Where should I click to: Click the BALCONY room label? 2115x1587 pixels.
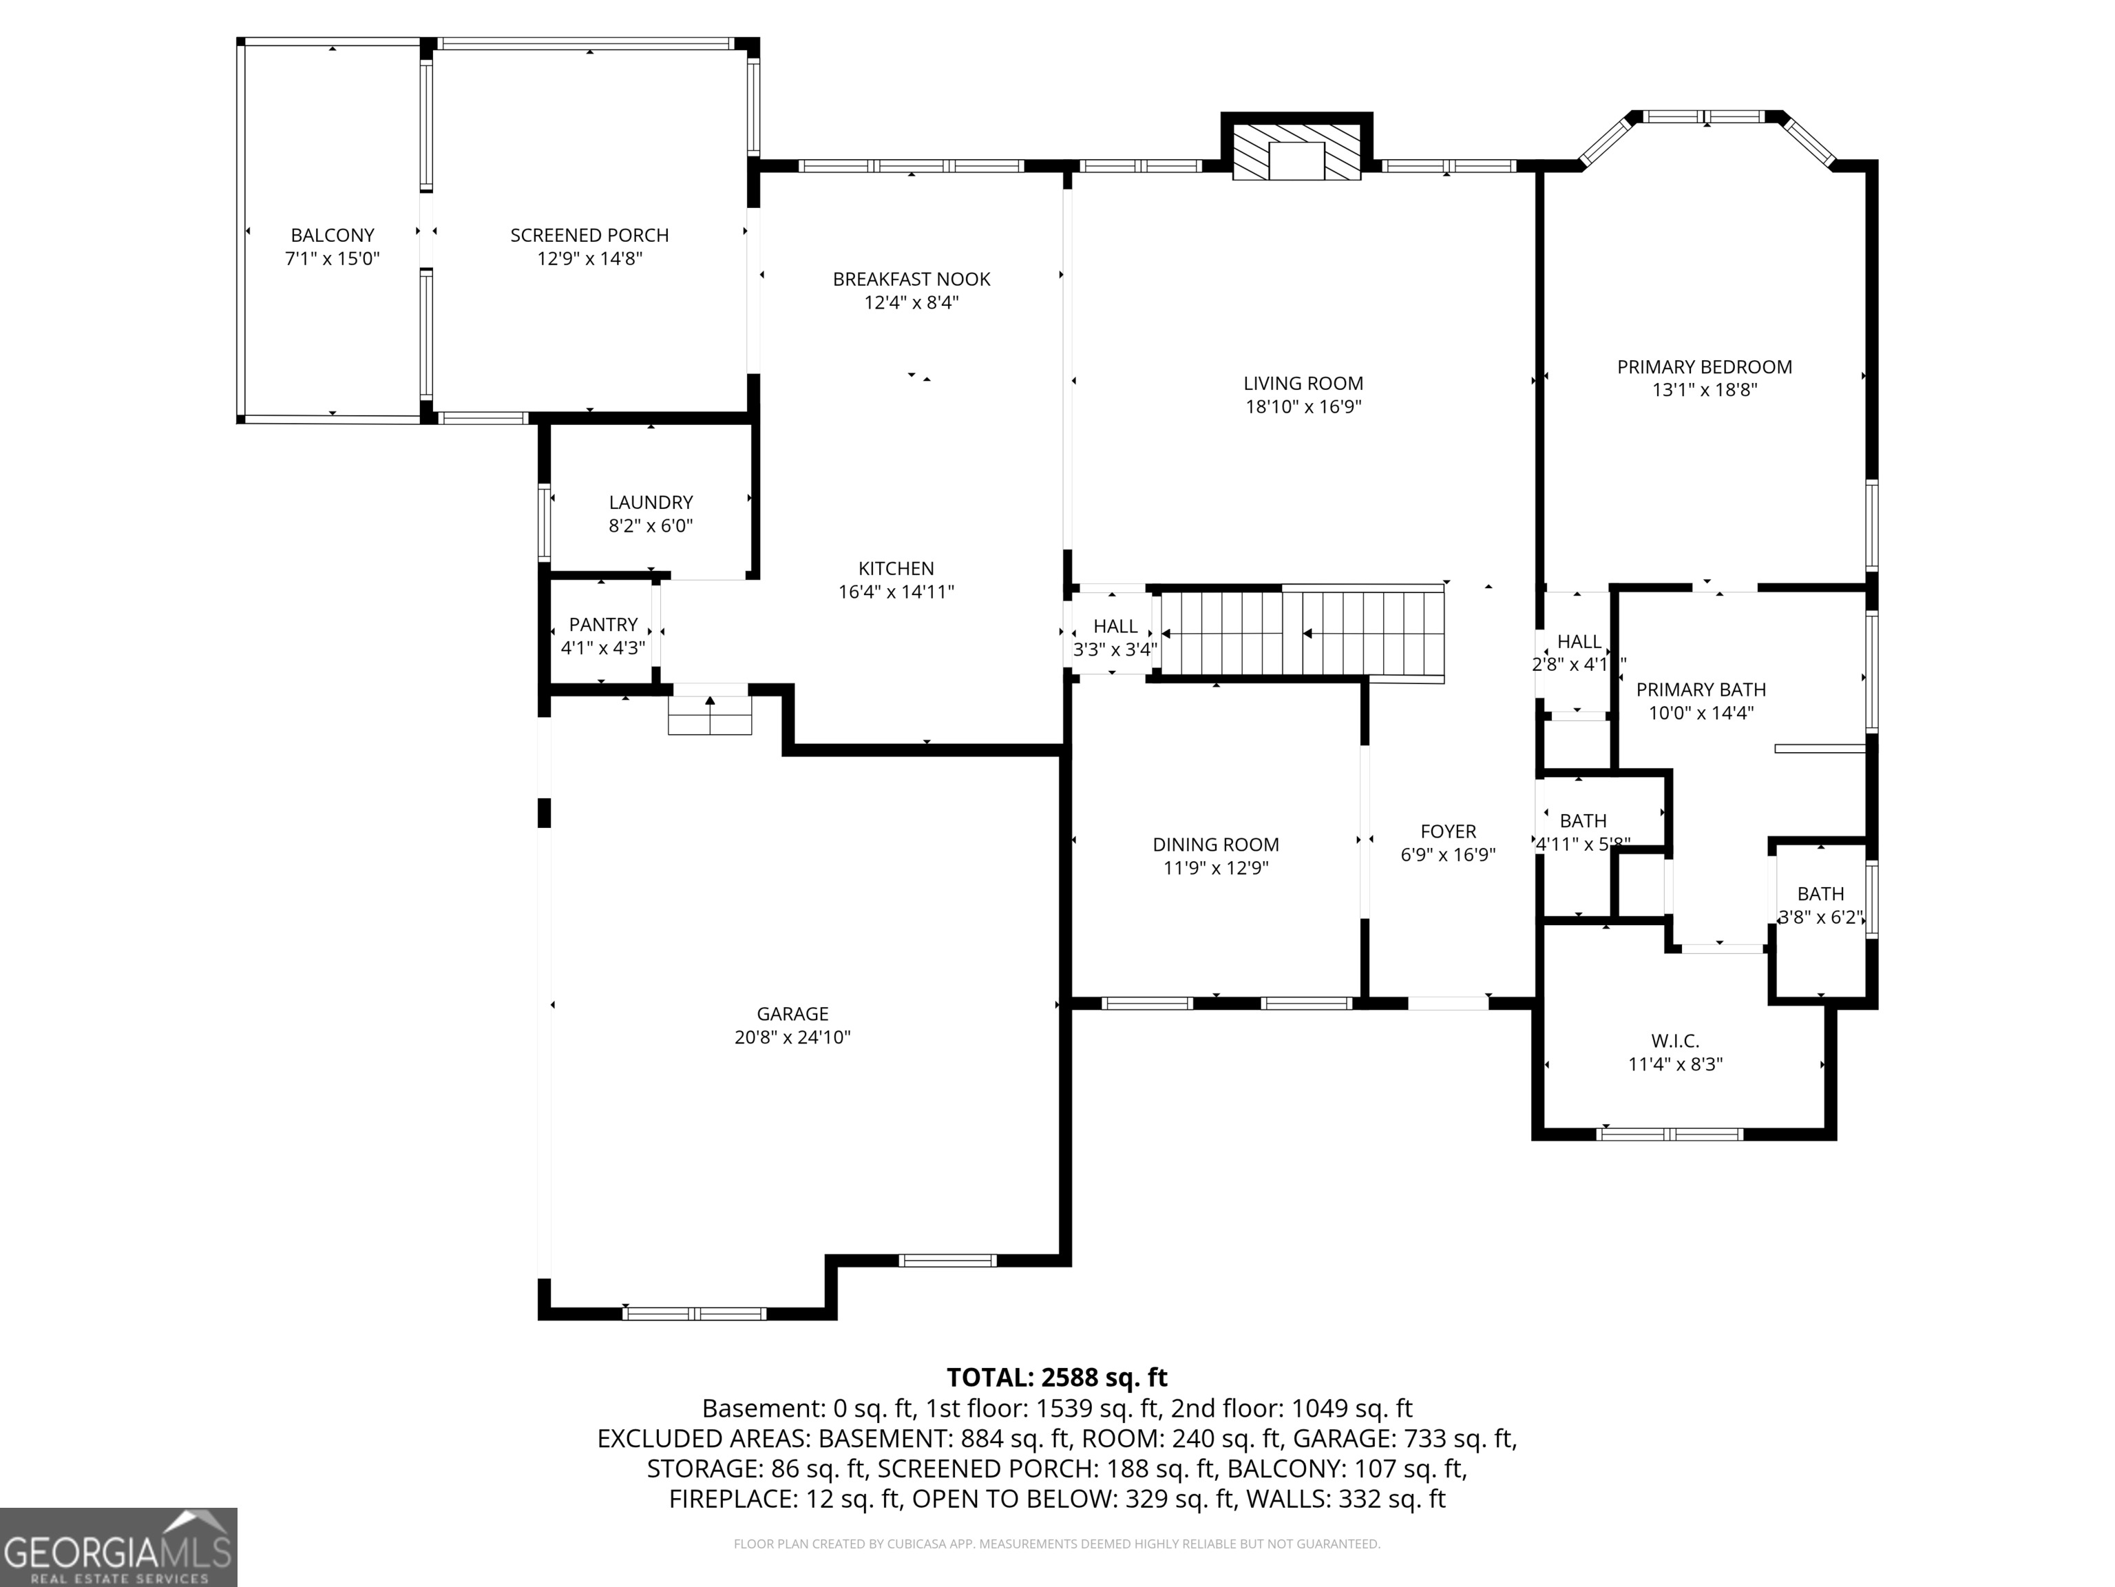[333, 236]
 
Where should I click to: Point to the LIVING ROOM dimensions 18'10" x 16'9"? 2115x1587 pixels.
[1303, 406]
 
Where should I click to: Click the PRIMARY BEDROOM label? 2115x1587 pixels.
[1704, 366]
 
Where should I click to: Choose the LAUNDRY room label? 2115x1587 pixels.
[651, 502]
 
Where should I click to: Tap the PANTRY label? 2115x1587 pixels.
[602, 625]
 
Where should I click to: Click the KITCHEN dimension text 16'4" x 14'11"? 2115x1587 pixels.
[896, 592]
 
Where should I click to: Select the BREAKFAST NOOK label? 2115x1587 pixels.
[912, 280]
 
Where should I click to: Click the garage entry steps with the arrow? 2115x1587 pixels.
[709, 714]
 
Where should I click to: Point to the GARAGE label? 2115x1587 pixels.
[792, 1014]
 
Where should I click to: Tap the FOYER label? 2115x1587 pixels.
[1448, 831]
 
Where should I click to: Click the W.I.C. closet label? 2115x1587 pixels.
[1675, 1041]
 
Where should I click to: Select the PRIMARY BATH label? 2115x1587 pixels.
[1701, 689]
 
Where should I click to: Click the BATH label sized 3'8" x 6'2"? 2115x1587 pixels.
[1820, 895]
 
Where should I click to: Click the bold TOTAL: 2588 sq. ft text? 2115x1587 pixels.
[1057, 1378]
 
